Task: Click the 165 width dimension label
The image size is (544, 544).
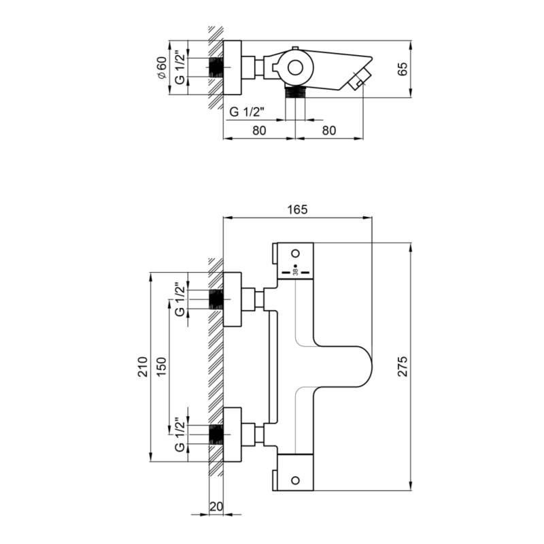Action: tap(298, 209)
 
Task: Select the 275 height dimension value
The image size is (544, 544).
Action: tap(403, 367)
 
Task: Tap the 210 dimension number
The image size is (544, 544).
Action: tap(143, 367)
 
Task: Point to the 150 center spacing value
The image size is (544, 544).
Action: tap(161, 367)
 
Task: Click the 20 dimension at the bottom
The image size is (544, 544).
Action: tap(216, 507)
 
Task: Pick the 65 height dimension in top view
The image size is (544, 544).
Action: tap(403, 69)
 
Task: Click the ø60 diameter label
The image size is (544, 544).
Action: tap(162, 67)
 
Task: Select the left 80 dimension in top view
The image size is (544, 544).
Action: tap(259, 130)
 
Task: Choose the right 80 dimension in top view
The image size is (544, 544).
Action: tap(329, 130)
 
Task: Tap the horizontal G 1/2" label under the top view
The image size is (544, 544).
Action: tap(247, 112)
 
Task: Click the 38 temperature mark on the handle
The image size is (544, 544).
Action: tap(296, 272)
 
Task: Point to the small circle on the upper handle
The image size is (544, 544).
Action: tap(296, 253)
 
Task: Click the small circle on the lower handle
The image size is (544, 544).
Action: tap(296, 480)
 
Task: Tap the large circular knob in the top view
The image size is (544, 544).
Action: tap(295, 68)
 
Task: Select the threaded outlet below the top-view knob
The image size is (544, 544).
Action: tap(295, 92)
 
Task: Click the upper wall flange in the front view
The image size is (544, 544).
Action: tap(232, 299)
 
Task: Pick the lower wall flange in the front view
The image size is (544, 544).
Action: tap(232, 435)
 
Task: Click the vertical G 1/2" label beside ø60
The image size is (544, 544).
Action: tap(180, 67)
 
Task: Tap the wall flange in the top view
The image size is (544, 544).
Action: tap(232, 67)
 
